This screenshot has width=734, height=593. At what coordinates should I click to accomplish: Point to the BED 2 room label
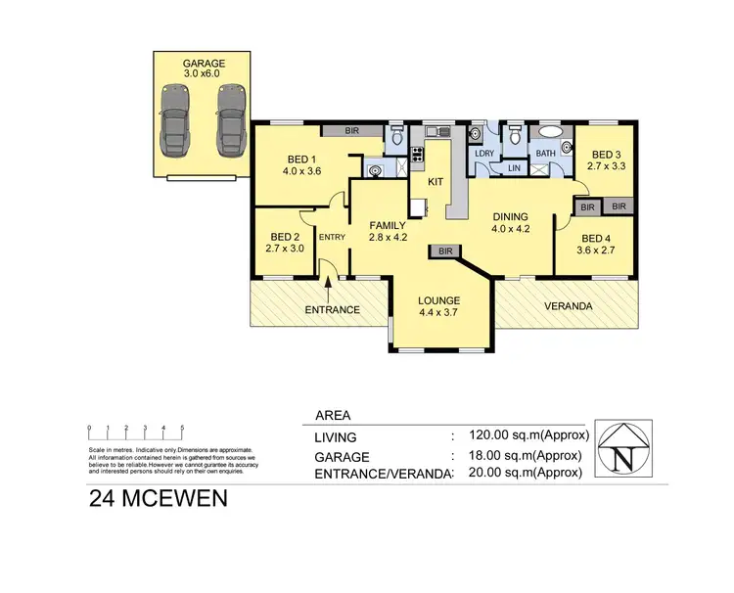tap(285, 242)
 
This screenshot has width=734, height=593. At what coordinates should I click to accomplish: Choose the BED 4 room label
tap(596, 244)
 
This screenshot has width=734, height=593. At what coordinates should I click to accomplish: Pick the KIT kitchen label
tap(436, 181)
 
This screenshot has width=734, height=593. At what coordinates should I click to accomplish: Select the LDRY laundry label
tap(482, 154)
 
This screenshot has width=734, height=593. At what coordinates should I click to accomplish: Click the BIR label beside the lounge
tap(445, 251)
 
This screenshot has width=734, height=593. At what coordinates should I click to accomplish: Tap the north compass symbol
tap(626, 451)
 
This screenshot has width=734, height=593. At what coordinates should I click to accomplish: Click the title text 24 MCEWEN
tap(159, 498)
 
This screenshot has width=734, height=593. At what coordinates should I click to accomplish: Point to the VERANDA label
tap(569, 305)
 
